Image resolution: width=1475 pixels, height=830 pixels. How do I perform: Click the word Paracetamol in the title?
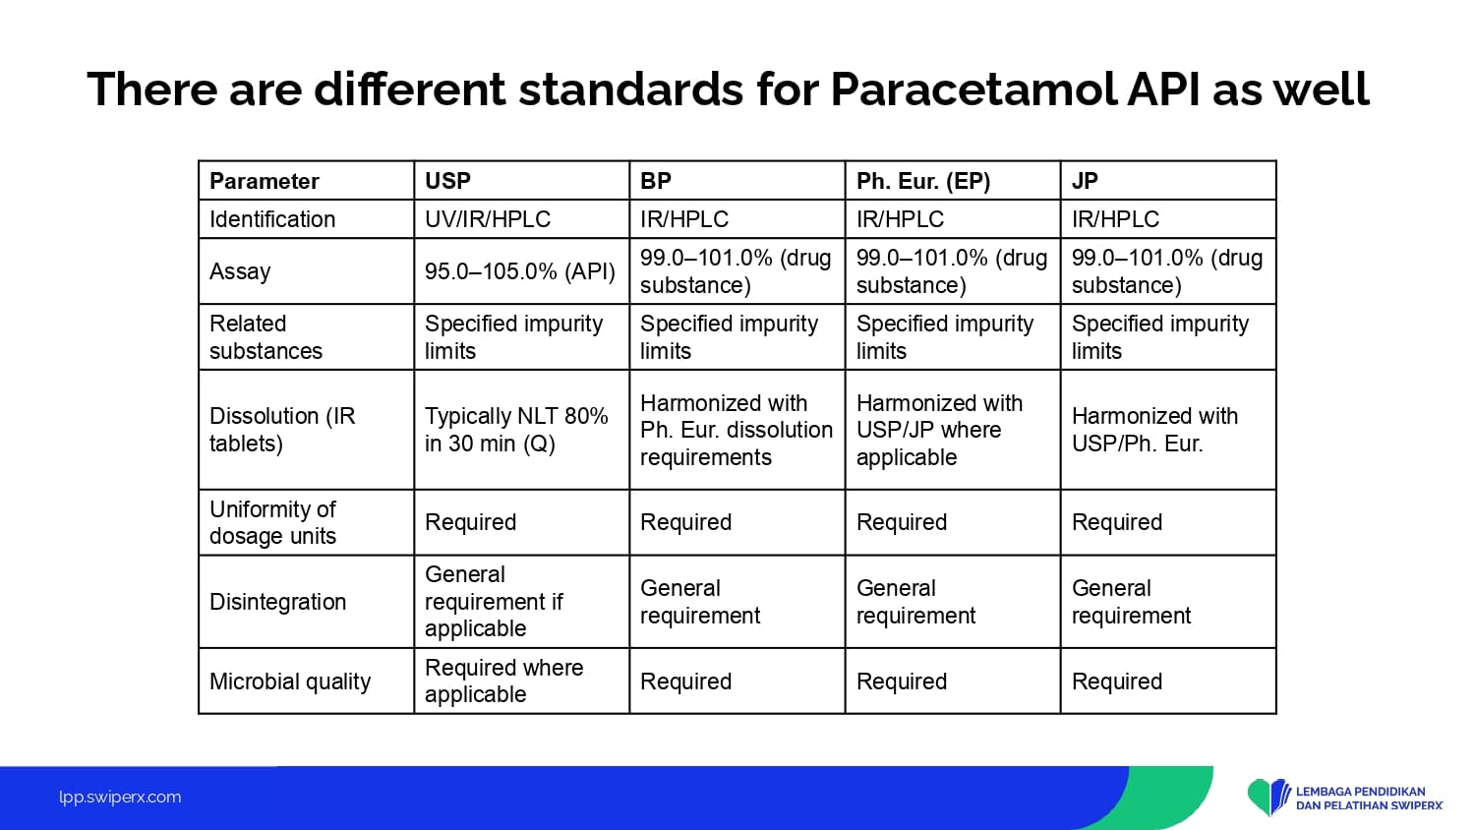click(x=973, y=89)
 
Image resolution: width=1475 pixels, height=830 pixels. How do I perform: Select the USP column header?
click(x=447, y=181)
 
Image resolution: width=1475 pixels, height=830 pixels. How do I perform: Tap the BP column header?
click(x=656, y=181)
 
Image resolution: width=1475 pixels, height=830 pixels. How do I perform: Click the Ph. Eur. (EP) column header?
click(x=923, y=181)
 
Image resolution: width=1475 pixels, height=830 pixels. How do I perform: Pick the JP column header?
click(x=1085, y=181)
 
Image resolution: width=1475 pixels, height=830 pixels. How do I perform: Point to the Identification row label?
click(x=272, y=218)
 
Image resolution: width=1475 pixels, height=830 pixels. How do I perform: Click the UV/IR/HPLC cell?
click(x=488, y=218)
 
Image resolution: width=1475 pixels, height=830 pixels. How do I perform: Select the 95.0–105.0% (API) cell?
click(x=520, y=271)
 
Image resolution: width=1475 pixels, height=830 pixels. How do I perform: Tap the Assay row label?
click(x=240, y=271)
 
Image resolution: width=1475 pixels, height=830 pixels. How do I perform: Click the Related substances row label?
click(x=266, y=337)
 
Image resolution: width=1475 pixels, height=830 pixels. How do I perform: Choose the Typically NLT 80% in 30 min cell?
click(x=516, y=430)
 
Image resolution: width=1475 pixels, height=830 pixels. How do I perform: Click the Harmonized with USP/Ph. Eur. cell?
click(x=1155, y=430)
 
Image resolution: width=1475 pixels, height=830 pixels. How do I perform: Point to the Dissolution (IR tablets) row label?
click(x=282, y=430)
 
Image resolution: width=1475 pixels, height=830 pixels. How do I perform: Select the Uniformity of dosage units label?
click(x=272, y=522)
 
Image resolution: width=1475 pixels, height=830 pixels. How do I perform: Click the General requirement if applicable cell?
click(x=494, y=602)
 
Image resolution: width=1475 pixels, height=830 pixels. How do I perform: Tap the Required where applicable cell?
click(x=503, y=681)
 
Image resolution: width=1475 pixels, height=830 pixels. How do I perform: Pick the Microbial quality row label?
click(x=290, y=682)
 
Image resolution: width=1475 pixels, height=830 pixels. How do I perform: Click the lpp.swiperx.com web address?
click(x=120, y=798)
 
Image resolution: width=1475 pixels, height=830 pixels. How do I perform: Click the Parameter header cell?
click(x=265, y=181)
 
